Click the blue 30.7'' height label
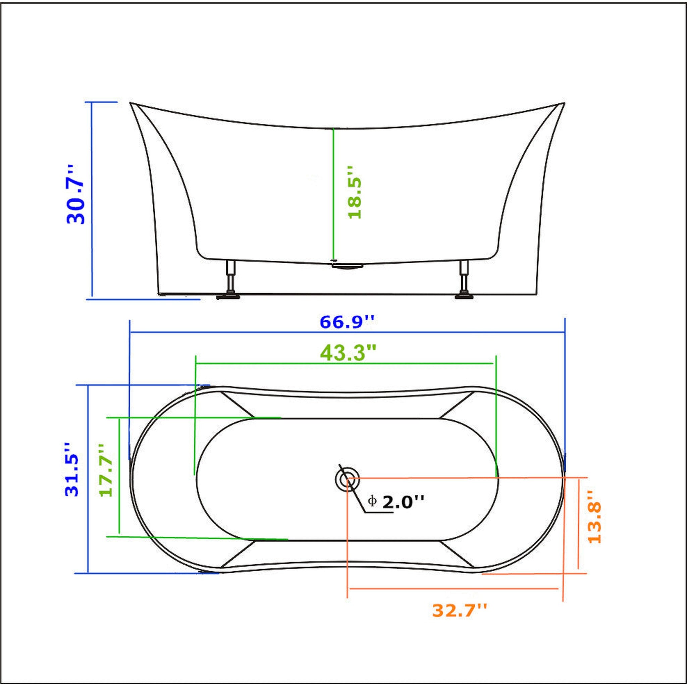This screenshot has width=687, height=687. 76,195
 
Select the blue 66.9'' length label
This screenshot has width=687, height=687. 347,322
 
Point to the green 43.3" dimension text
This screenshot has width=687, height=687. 348,353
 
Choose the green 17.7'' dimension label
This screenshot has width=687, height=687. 106,470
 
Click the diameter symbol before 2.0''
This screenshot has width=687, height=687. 372,502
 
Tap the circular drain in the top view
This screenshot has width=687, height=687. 347,479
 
